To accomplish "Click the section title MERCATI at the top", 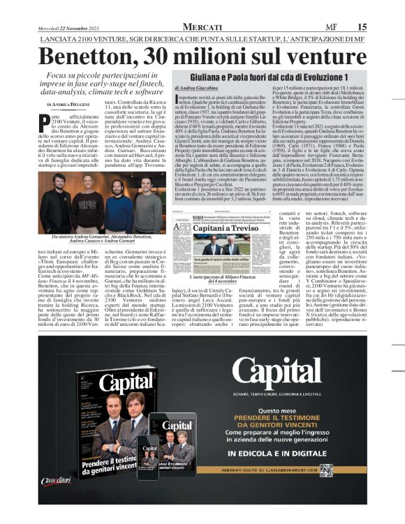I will pyautogui.click(x=202, y=27).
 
